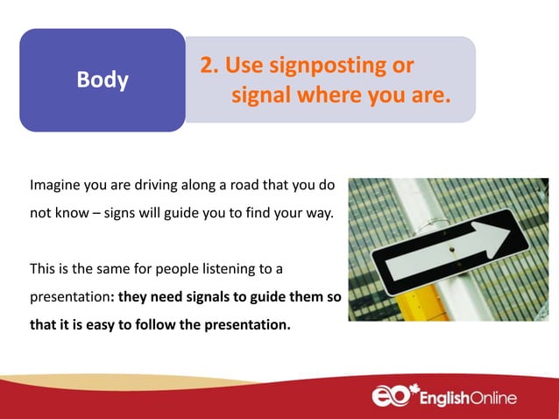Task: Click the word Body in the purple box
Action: (x=103, y=81)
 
